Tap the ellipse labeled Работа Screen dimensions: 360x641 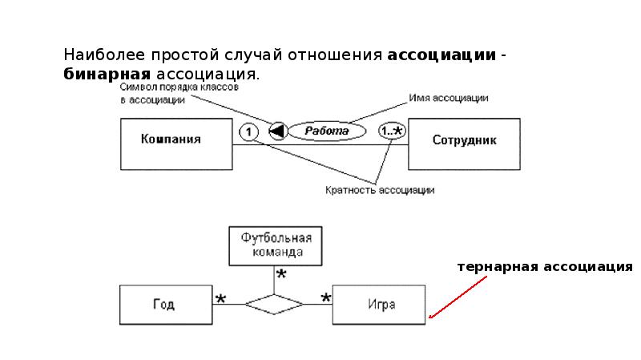click(326, 131)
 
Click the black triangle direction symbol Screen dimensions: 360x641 click(277, 131)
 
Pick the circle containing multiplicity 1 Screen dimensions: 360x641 click(250, 131)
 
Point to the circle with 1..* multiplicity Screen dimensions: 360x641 click(392, 130)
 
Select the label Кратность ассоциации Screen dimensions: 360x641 click(380, 190)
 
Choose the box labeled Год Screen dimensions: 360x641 click(166, 305)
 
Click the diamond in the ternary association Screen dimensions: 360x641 click(274, 304)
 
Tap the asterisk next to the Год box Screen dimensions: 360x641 click(220, 299)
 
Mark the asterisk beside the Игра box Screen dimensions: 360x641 click(326, 299)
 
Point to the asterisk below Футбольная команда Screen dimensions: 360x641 click(281, 275)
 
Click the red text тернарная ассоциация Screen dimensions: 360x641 click(545, 265)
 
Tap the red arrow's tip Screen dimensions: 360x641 click(430, 318)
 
